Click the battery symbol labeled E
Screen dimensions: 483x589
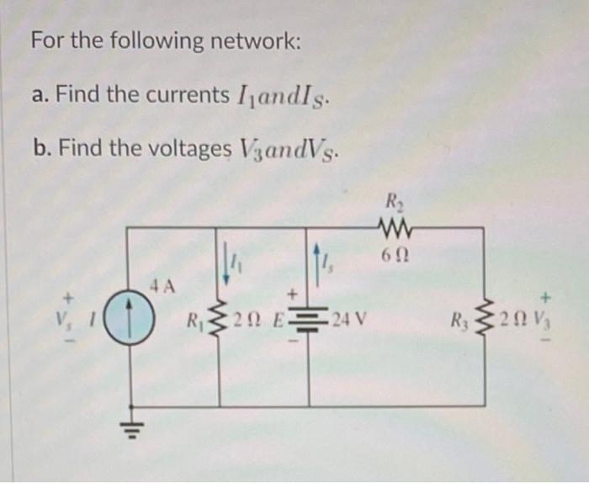click(x=307, y=321)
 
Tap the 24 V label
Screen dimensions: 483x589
click(x=347, y=321)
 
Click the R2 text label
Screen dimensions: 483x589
click(x=393, y=203)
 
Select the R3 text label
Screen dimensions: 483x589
click(x=459, y=321)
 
